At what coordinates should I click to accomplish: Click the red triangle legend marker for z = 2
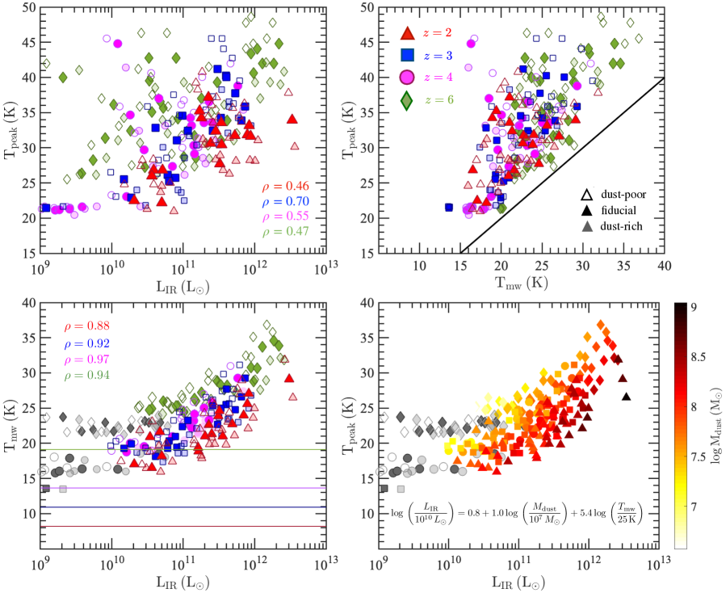pos(408,33)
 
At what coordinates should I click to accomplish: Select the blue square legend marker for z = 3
pos(408,55)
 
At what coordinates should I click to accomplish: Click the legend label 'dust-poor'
pos(619,196)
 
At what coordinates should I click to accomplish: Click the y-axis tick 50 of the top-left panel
pos(27,7)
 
